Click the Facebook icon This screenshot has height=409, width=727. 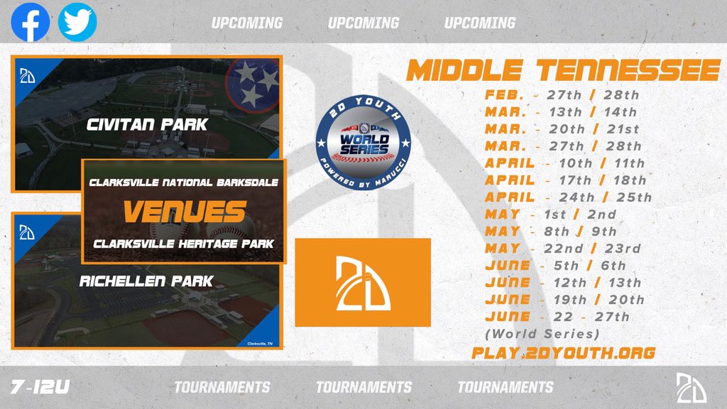point(31,22)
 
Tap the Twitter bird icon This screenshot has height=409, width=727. point(77,22)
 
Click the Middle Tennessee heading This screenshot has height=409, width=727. point(563,71)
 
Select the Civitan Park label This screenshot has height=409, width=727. point(147,125)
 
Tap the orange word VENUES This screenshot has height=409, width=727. point(184,212)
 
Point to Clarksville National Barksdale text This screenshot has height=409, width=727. point(184,182)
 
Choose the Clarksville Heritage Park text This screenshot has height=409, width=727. point(184,244)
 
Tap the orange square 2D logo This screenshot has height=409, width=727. point(362,282)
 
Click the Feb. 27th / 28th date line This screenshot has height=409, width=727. point(562,94)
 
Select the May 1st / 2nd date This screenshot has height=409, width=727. point(551,214)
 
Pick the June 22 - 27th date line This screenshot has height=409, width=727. point(557,317)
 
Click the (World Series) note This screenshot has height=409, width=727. point(542,333)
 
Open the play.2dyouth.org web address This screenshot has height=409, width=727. point(563,352)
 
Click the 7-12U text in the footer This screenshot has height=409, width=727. point(40,387)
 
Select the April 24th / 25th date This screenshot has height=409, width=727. point(568,197)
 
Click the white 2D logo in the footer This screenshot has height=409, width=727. point(691,388)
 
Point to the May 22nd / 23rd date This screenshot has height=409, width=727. point(562,248)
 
